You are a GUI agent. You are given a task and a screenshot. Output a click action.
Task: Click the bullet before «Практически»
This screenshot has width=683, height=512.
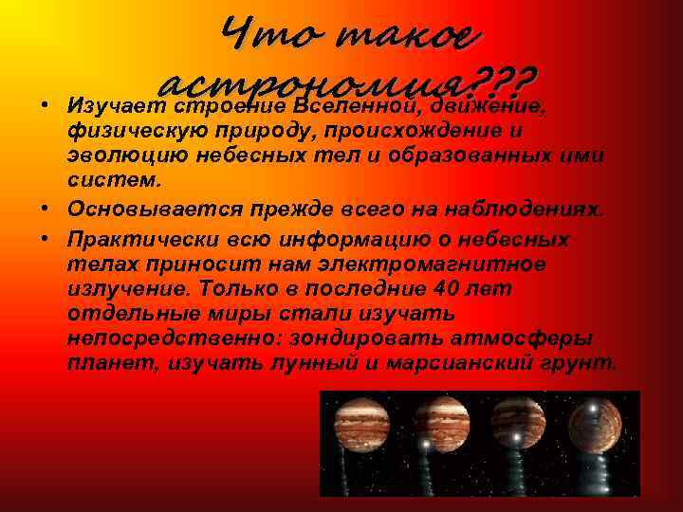pos(46,238)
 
